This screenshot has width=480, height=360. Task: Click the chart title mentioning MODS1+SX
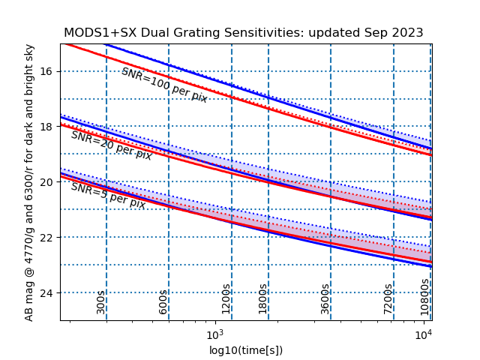(x=243, y=33)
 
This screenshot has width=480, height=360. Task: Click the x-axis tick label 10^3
(x=215, y=334)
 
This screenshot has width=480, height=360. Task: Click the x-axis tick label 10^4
(x=424, y=334)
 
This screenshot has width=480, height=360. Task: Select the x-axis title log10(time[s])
(x=246, y=350)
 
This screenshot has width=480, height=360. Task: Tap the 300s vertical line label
(x=100, y=301)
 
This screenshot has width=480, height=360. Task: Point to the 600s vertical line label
(x=163, y=301)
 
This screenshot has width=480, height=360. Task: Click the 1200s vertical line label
(x=226, y=298)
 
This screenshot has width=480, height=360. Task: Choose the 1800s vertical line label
(x=262, y=298)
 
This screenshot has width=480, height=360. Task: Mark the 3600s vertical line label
(x=325, y=298)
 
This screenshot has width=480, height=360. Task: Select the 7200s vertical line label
(x=388, y=298)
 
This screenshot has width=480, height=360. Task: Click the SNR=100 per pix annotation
(x=164, y=85)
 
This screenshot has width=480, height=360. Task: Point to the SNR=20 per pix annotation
(x=111, y=145)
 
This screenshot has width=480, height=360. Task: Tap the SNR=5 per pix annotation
(x=108, y=196)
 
